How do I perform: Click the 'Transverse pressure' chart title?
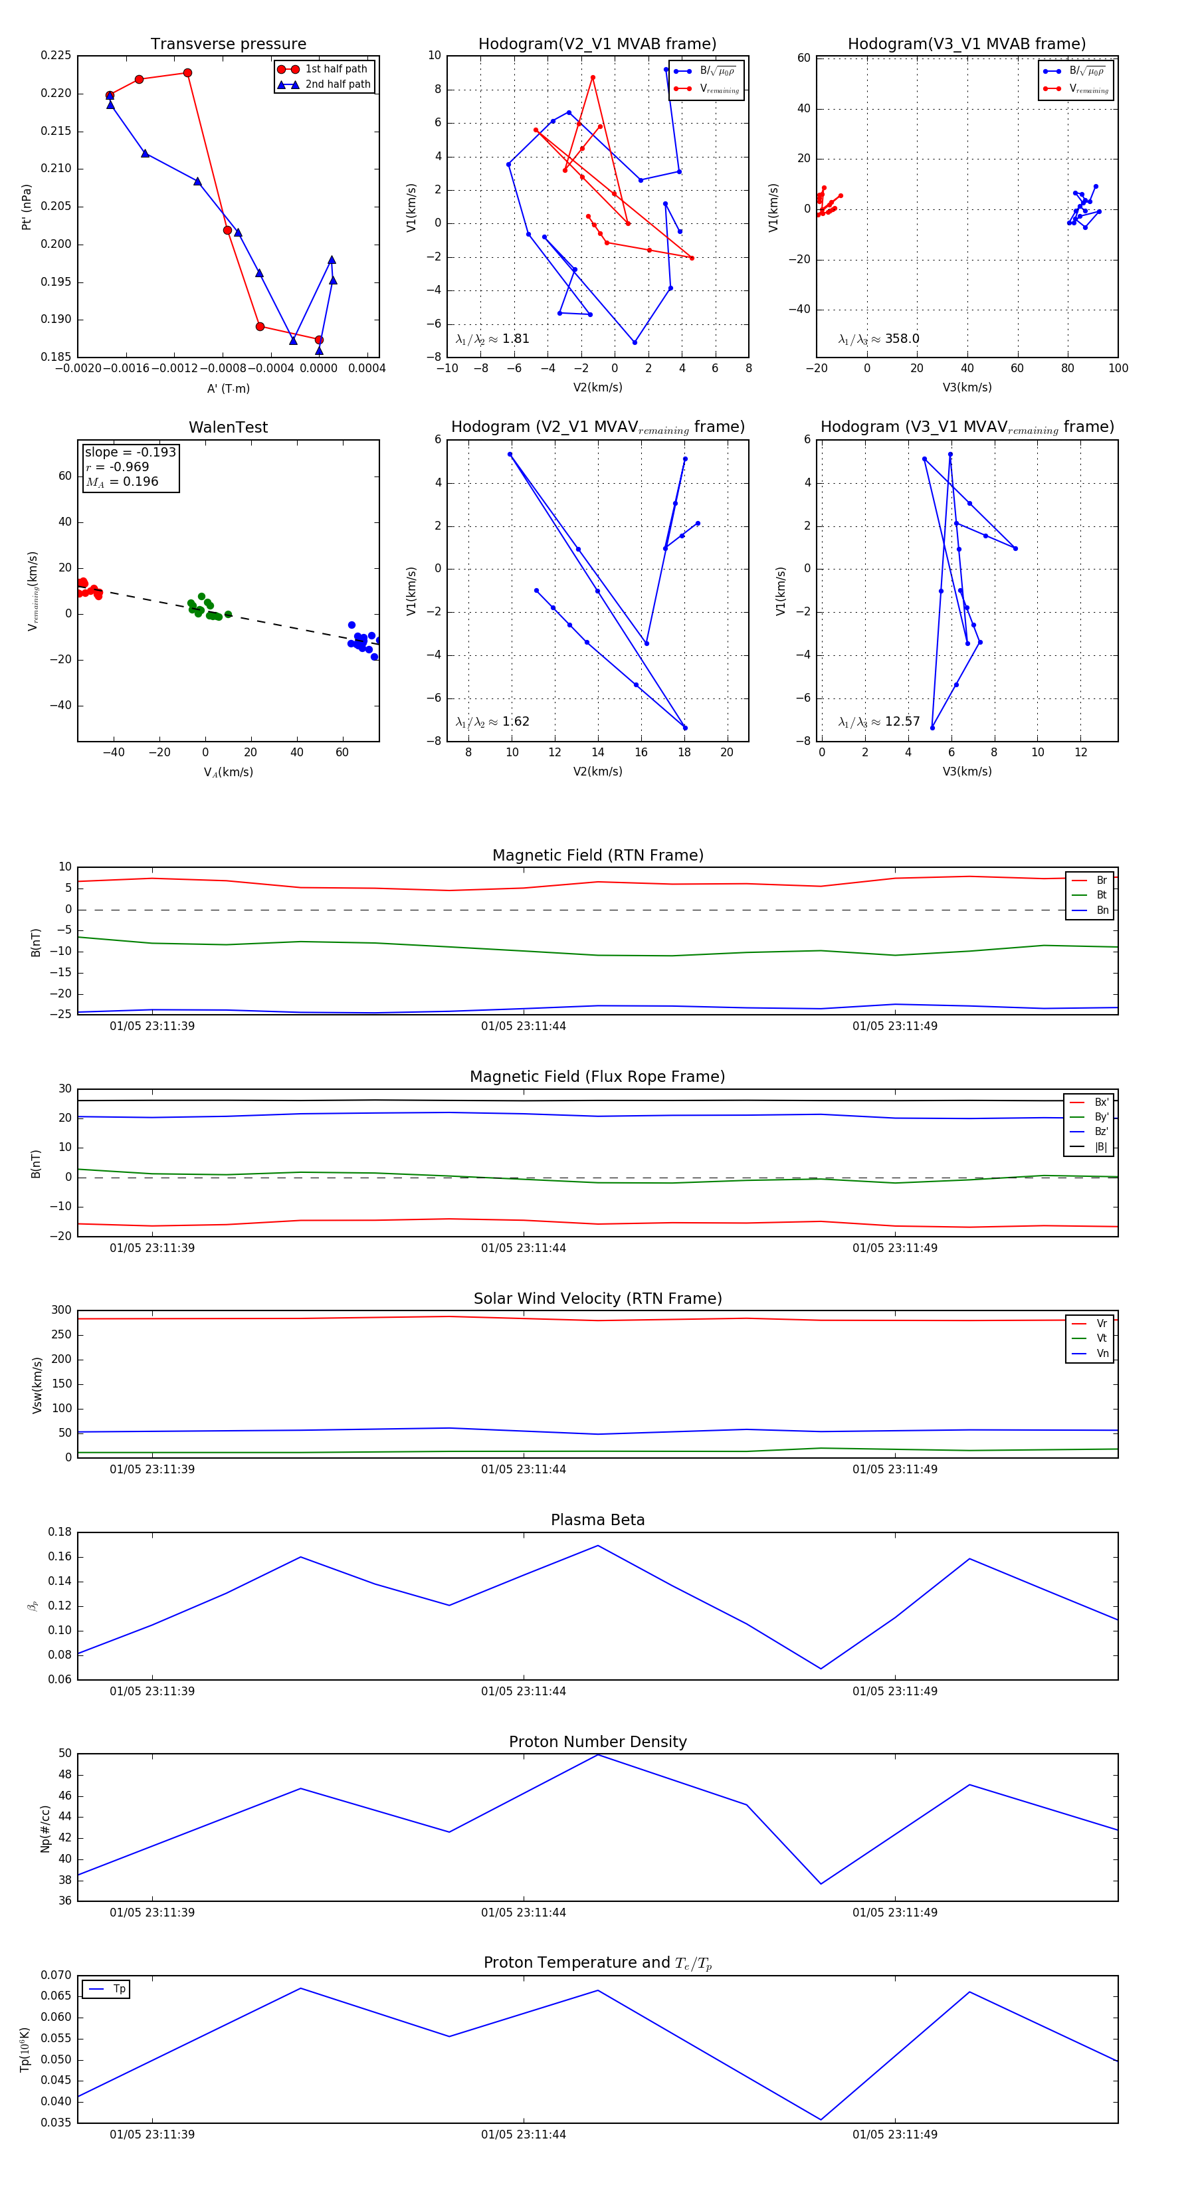tap(228, 45)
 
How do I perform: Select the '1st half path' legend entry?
tap(336, 69)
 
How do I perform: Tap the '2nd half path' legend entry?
tap(337, 84)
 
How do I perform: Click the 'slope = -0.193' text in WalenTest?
tap(130, 452)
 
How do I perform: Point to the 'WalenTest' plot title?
tap(228, 427)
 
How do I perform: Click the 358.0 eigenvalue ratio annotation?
tap(878, 339)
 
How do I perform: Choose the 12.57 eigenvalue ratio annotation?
tap(878, 722)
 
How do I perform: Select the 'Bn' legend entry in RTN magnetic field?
tap(1102, 910)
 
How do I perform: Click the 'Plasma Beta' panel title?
tap(597, 1520)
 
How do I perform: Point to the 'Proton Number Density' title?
tap(597, 1742)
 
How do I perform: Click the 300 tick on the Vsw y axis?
tap(61, 1310)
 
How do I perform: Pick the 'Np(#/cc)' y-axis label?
tap(46, 1829)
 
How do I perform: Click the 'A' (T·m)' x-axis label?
tap(228, 388)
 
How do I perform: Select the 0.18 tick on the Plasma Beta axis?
tap(60, 1532)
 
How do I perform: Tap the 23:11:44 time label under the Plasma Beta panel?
tap(523, 1691)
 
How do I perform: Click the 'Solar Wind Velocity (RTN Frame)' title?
tap(597, 1299)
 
